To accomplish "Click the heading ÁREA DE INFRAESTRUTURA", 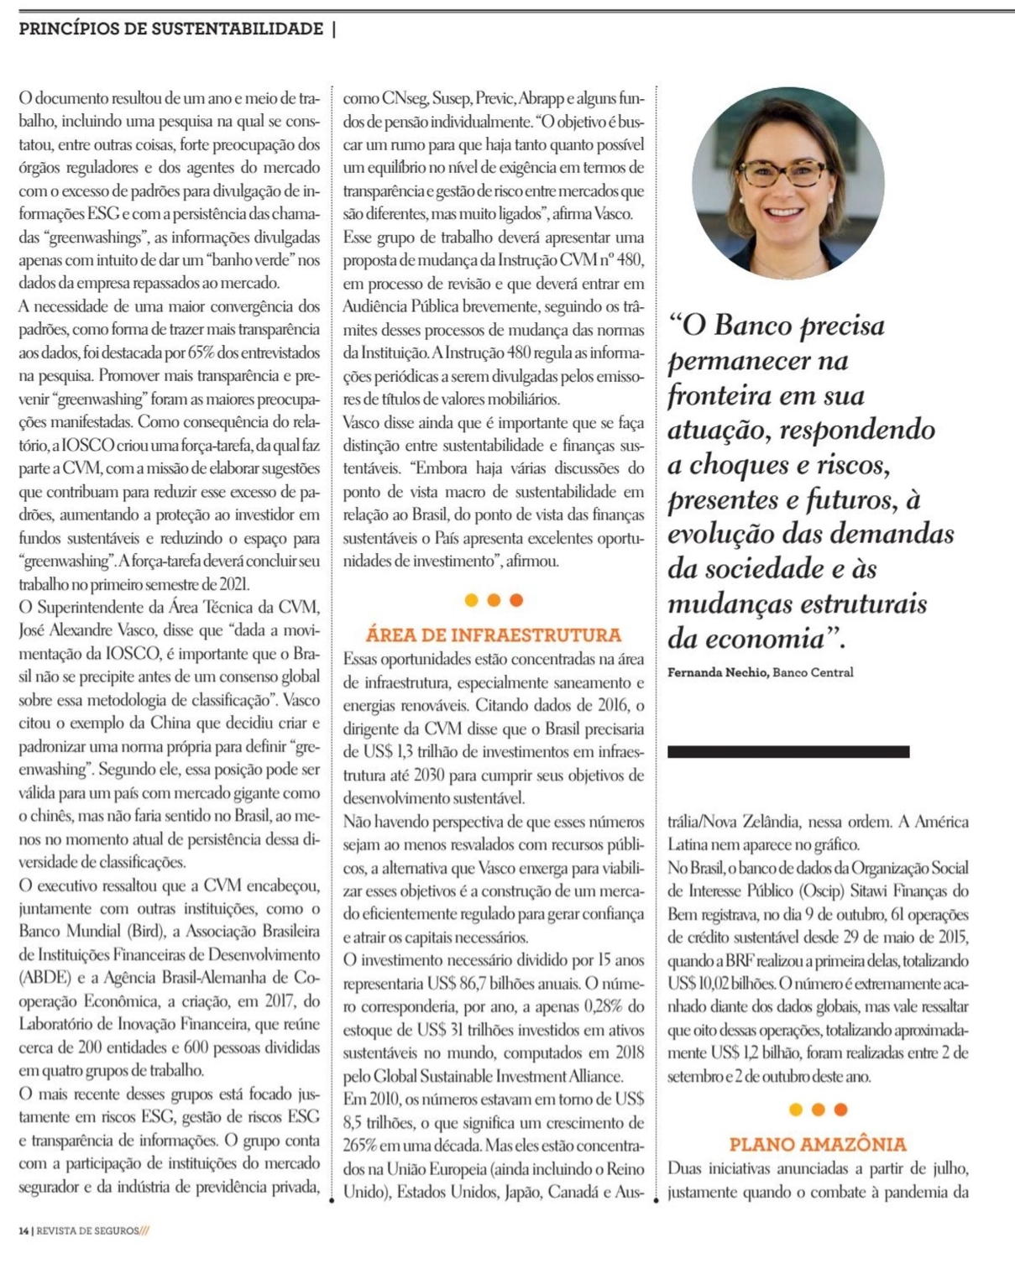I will coord(493,635).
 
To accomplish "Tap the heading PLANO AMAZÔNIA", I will coord(817,1143).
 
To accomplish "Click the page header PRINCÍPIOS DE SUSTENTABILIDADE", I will coord(170,29).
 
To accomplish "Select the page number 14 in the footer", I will coord(24,1230).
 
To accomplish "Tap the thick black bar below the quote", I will coord(787,752).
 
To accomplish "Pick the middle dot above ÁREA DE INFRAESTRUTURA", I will coord(494,600).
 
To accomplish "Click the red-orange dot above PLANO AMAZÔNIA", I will coord(840,1110).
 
